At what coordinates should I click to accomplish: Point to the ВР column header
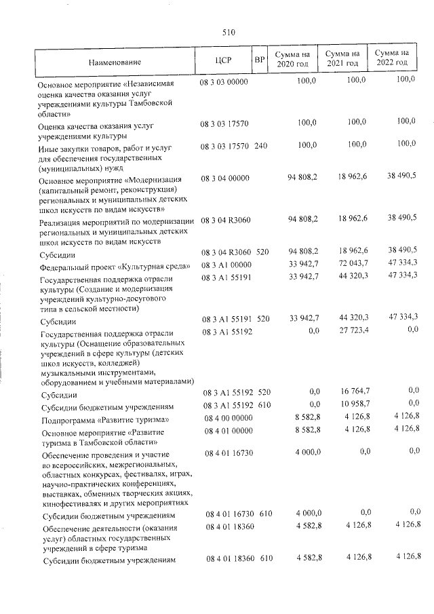258,60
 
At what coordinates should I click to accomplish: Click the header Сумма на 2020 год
292,58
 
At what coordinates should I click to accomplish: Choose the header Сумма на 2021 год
342,58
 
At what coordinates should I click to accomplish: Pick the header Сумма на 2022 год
392,58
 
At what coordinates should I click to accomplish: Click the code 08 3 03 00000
225,81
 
